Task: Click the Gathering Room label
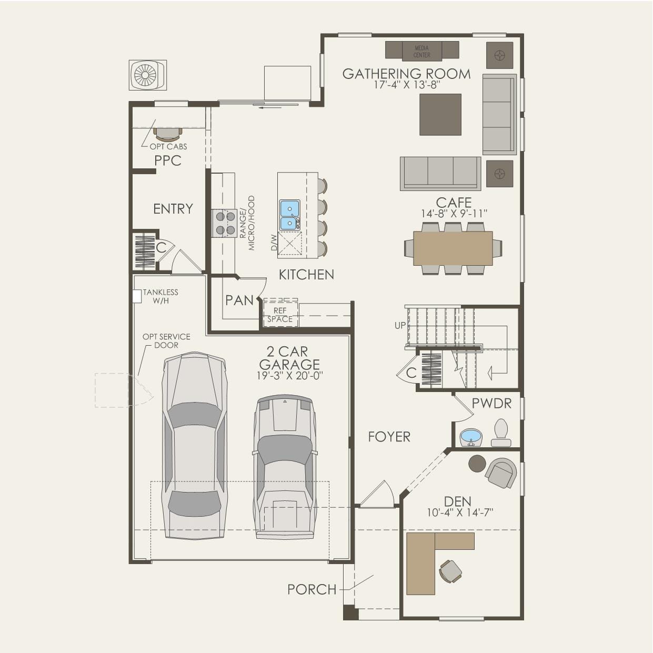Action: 406,74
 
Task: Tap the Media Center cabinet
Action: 422,51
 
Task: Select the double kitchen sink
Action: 290,215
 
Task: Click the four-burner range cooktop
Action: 224,223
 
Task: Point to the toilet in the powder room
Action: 501,433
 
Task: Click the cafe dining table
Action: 453,248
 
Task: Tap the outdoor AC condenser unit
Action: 148,75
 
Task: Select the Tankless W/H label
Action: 160,297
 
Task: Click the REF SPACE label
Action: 280,315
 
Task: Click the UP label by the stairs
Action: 400,325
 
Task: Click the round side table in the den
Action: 477,464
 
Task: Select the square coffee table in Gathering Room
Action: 440,115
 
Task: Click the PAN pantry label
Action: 239,300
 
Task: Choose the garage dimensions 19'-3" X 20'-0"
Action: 290,376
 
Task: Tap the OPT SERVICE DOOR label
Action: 166,341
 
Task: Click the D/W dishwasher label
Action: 274,243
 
